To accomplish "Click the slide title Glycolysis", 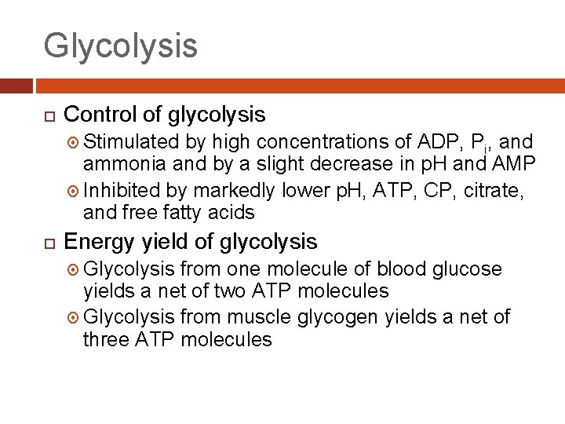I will click(120, 46).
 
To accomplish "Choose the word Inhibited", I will click(121, 191).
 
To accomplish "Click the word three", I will click(107, 339).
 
